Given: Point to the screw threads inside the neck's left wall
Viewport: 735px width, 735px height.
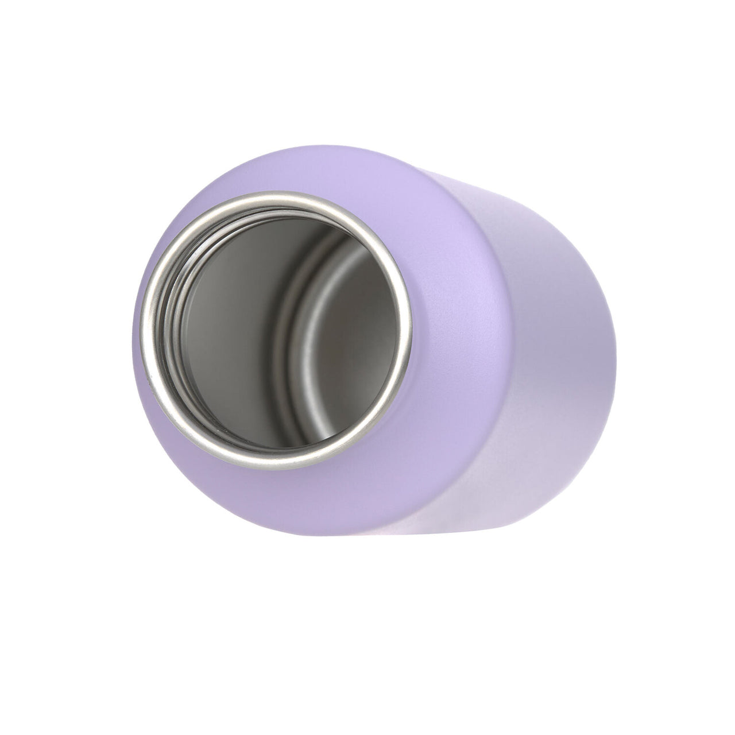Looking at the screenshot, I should coord(172,322).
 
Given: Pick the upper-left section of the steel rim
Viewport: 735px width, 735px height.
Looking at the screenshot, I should coord(189,230).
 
